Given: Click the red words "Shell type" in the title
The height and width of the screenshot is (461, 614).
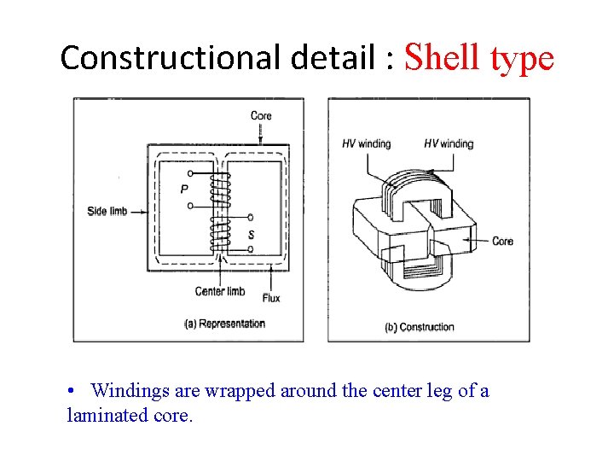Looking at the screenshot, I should click(479, 58).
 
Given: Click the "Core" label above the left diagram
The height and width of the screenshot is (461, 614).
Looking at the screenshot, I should click(261, 115).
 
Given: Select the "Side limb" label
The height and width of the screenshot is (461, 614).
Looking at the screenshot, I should click(107, 210).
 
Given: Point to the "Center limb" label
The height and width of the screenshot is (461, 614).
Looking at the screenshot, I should click(220, 292).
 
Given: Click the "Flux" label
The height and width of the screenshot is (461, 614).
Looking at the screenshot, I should click(271, 298).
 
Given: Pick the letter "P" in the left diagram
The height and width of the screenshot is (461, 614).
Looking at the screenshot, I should click(183, 190).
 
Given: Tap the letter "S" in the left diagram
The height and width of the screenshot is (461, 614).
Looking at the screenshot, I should click(250, 234).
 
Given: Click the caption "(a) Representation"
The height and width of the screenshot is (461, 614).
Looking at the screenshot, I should click(224, 324).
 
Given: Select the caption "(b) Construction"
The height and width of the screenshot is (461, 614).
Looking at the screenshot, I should click(420, 327).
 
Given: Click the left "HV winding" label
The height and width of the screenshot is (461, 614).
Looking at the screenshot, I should click(366, 143).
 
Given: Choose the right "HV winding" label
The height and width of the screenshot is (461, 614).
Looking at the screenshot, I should click(448, 143).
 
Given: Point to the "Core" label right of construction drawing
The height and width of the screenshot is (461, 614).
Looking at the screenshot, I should click(502, 242).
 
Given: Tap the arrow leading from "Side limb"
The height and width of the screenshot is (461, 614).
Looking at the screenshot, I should click(139, 210).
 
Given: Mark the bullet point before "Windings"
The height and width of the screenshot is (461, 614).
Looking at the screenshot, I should click(73, 391).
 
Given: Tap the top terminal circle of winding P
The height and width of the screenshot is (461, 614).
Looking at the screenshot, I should click(189, 172).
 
